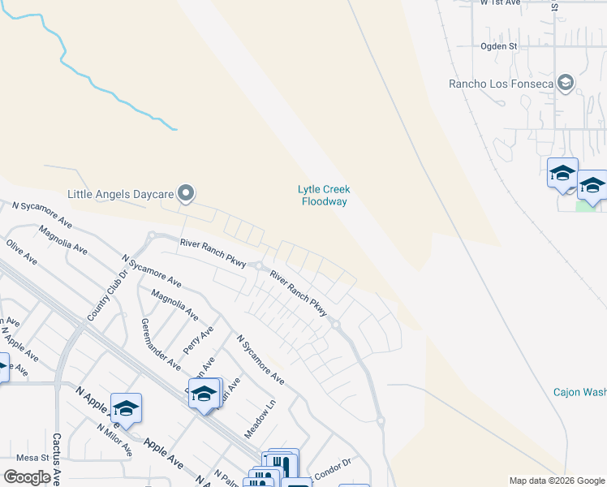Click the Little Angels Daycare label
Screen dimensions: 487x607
(120, 194)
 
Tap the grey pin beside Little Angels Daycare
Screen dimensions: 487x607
(187, 193)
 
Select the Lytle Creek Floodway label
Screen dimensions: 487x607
(325, 196)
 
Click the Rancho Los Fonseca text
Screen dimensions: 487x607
(501, 84)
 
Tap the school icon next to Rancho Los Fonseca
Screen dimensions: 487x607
(566, 83)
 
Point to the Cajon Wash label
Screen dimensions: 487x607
(579, 392)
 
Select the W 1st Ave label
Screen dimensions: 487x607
(500, 3)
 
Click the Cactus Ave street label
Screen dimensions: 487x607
(57, 458)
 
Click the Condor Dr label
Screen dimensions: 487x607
(333, 463)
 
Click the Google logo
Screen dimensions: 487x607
(27, 477)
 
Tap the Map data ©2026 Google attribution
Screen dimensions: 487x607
(557, 481)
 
